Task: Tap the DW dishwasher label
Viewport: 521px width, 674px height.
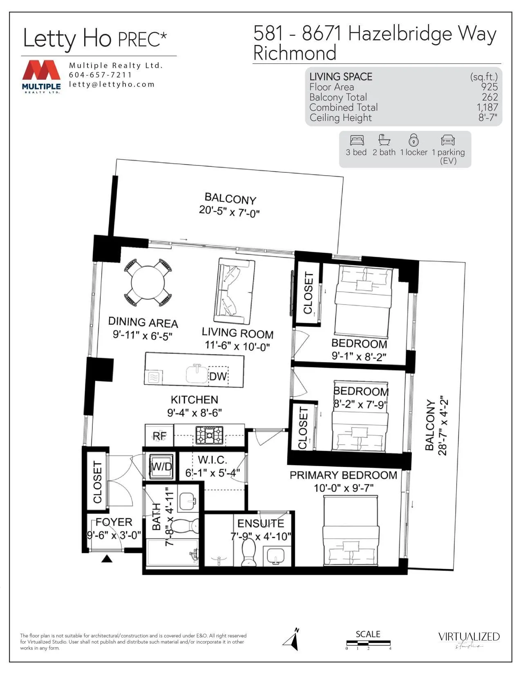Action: coord(218,376)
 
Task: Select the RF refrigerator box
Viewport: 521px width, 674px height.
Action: coord(159,436)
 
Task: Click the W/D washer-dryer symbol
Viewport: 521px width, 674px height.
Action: coord(161,466)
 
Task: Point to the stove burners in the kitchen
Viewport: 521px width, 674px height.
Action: coord(209,435)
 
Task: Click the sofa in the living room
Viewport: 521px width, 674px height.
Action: coord(233,292)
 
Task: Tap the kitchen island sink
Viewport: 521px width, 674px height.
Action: coord(197,373)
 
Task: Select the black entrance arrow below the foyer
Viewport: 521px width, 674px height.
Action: coord(107,559)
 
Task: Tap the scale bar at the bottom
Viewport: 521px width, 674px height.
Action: coord(368,643)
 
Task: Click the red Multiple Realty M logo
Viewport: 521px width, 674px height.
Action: coord(41,71)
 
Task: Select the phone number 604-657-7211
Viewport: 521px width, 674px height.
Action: coord(101,75)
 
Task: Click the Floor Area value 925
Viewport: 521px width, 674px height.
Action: coord(489,87)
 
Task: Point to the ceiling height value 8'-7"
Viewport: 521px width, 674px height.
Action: coord(488,118)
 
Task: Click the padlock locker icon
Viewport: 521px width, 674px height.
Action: coord(414,141)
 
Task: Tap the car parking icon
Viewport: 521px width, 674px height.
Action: coord(448,141)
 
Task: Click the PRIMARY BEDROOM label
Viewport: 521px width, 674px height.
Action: coord(343,475)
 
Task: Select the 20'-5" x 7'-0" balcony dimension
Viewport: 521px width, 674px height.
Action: coord(229,212)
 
